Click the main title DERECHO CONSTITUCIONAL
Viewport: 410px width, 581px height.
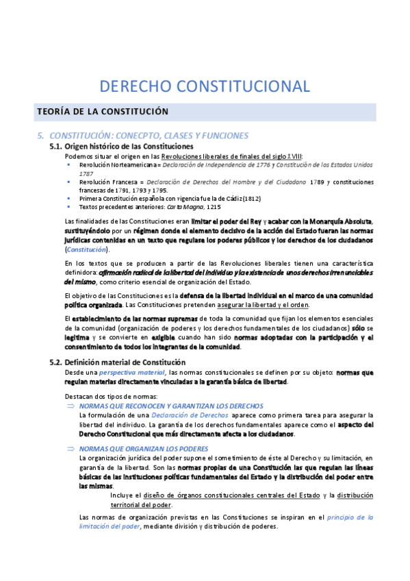[205, 86]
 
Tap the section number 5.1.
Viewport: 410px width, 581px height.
[60, 147]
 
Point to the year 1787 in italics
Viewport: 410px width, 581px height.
[86, 173]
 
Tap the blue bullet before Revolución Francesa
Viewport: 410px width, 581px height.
[68, 182]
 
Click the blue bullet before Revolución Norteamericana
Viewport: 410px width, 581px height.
[68, 165]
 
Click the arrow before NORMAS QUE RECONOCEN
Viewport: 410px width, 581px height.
[70, 406]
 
